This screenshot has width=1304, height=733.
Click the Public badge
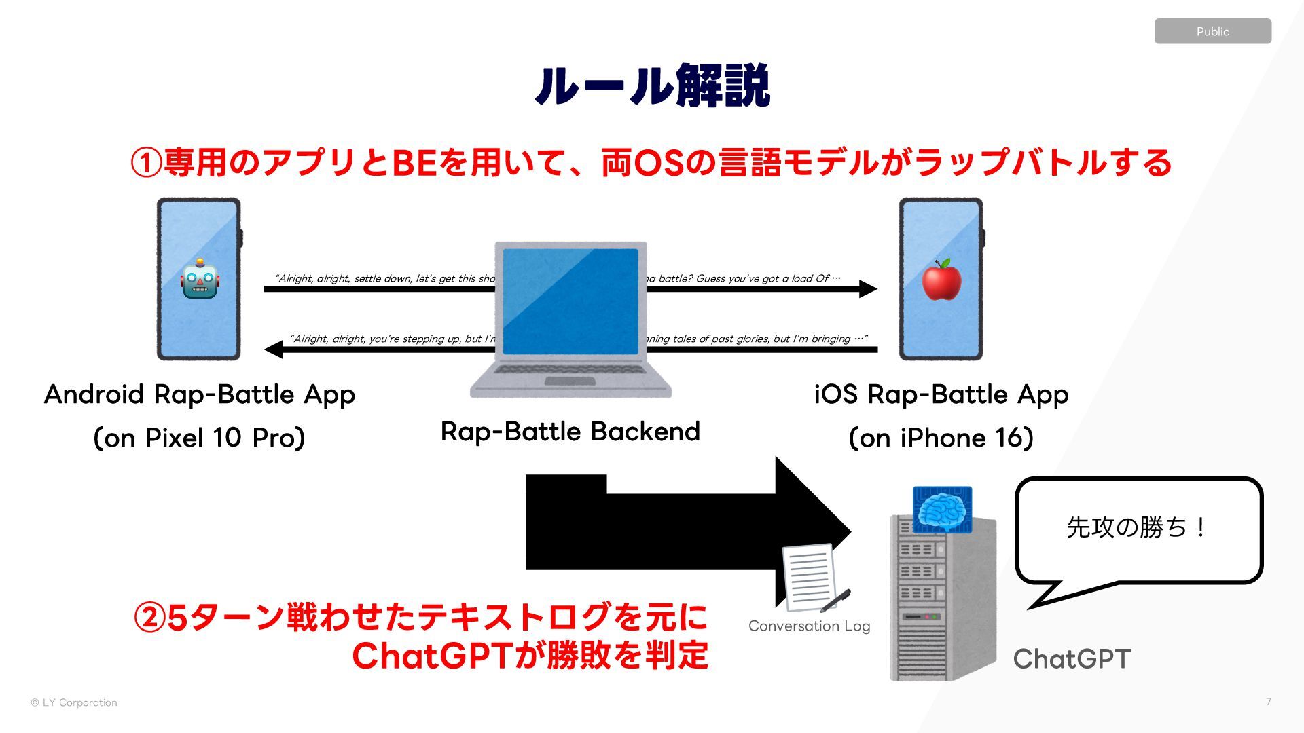[x=1212, y=31]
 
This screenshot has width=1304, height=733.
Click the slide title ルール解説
[x=651, y=86]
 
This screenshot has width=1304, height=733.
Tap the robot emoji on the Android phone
[x=200, y=280]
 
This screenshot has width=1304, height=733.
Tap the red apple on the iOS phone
[x=941, y=280]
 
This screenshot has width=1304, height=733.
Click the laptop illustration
[x=570, y=319]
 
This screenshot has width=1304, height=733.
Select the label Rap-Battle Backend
[x=570, y=432]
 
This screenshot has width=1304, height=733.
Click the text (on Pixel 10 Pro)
[x=199, y=438]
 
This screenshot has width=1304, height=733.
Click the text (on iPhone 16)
[x=941, y=438]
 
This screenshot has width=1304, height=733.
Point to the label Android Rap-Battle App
[x=199, y=394]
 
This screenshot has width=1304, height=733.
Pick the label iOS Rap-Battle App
[x=941, y=394]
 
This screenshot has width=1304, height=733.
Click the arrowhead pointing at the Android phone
[x=274, y=350]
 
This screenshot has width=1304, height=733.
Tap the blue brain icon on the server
[x=942, y=508]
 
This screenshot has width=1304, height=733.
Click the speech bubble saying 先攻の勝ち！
[x=1138, y=529]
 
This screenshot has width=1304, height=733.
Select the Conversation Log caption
[x=809, y=626]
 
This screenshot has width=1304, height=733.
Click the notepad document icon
[x=812, y=577]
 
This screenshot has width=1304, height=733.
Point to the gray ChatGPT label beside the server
[x=1072, y=659]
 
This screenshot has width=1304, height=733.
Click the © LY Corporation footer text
[x=74, y=702]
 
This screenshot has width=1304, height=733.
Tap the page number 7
[x=1268, y=702]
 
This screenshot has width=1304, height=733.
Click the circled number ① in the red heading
[x=146, y=163]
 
